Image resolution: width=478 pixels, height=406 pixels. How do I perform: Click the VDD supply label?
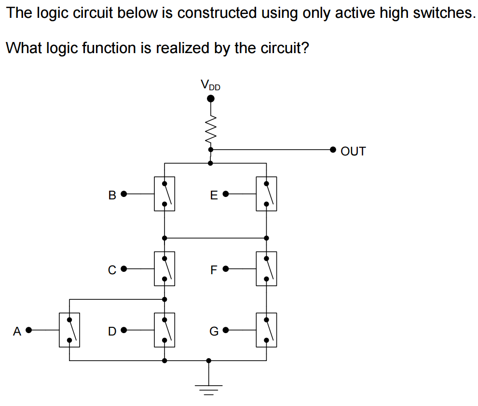pos(210,85)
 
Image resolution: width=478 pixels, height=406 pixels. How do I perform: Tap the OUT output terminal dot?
pos(333,150)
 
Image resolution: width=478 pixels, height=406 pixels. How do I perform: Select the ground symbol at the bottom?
pos(208,388)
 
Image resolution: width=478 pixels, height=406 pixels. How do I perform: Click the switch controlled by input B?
pos(164,194)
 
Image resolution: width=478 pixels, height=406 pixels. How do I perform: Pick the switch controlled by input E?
pos(266,194)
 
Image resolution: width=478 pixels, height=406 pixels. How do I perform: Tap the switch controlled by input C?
pos(164,268)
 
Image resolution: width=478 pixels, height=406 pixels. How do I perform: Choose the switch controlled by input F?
pos(266,268)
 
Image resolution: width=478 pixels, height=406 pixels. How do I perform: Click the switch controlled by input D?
pos(164,330)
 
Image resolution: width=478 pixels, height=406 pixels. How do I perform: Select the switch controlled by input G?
pos(266,330)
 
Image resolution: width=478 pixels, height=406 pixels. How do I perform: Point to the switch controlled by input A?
pos(69,330)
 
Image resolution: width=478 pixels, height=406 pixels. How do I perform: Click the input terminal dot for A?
pos(28,330)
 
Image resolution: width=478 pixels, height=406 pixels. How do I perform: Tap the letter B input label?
pos(112,195)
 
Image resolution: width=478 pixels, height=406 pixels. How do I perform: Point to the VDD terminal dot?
pos(210,99)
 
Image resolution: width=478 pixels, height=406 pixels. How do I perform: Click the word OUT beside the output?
pos(353,151)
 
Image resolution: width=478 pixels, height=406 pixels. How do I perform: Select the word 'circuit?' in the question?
pos(285,48)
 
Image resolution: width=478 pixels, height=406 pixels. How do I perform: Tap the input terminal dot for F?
pos(225,269)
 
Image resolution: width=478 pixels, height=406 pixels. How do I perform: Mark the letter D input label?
pos(112,331)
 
